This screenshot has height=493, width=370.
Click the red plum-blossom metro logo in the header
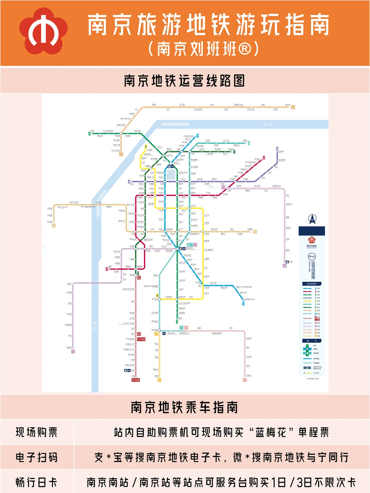44,31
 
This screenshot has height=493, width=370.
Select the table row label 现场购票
37,432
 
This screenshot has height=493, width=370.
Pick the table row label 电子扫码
37,457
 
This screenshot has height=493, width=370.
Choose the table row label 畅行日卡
37,482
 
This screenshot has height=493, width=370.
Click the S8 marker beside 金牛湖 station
293,107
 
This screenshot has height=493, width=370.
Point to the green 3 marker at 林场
89,134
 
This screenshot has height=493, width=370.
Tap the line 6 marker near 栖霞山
249,143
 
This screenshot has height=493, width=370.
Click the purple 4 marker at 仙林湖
277,149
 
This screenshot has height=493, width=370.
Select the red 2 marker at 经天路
264,158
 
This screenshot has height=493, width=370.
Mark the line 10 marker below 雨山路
54,226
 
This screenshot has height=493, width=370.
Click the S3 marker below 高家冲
73,352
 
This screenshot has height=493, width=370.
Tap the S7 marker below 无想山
245,380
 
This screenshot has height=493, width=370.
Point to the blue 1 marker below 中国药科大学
244,304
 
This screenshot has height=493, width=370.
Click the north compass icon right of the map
312,219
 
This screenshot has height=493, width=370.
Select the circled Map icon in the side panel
312,256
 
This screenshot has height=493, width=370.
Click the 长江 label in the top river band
268,124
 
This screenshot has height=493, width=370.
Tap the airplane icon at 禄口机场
164,333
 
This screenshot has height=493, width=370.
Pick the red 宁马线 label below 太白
136,380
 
